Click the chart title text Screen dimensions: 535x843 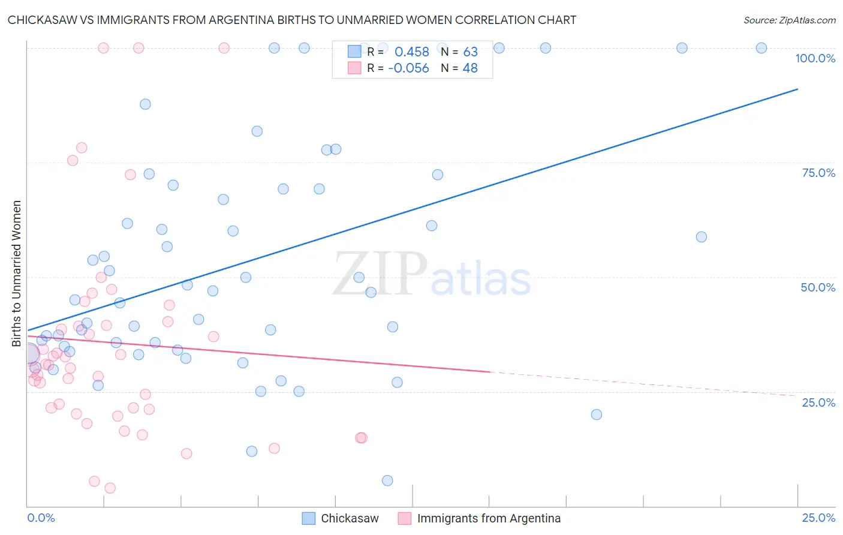(x=291, y=20)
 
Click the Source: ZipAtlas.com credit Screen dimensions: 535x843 (x=789, y=20)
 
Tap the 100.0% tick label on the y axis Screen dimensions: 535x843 (x=815, y=58)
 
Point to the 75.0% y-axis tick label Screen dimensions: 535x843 (x=818, y=173)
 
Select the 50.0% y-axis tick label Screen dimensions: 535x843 (x=818, y=287)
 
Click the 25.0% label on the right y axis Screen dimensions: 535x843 (x=818, y=402)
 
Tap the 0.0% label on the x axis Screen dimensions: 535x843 (x=41, y=518)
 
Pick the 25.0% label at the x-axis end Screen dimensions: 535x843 (x=818, y=518)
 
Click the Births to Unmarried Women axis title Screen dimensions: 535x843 (x=16, y=273)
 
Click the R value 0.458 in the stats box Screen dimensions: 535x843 (x=412, y=52)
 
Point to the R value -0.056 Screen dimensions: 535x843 (x=408, y=68)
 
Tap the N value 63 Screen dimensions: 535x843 (x=471, y=52)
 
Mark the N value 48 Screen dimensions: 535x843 (x=471, y=68)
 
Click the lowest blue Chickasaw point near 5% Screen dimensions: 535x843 (x=387, y=480)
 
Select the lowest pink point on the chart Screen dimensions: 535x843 (x=110, y=488)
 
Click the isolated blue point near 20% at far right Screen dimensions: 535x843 (x=596, y=414)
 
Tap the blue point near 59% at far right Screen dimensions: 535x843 (x=701, y=237)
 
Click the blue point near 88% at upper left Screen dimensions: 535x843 (x=145, y=104)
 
